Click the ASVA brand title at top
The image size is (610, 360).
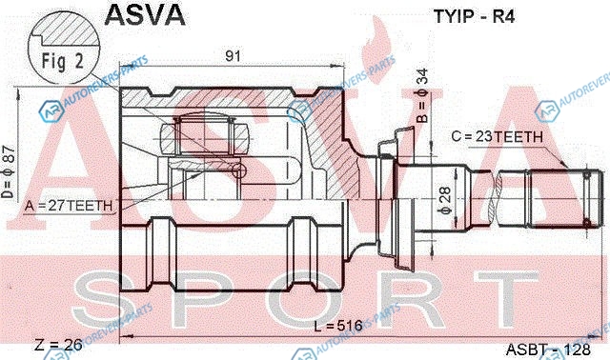145,15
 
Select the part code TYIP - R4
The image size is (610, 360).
475,17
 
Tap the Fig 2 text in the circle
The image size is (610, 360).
63,62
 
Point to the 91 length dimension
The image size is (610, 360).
233,56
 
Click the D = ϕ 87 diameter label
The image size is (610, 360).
9,171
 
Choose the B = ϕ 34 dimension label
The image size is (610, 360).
422,95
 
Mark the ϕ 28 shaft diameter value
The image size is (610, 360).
445,200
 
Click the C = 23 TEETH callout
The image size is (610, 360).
497,136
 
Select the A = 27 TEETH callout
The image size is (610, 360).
69,206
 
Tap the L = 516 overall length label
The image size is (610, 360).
338,326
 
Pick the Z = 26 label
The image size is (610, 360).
58,345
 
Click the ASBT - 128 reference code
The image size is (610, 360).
548,350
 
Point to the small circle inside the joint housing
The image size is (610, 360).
238,170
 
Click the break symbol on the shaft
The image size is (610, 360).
498,198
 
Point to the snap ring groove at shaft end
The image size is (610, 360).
587,199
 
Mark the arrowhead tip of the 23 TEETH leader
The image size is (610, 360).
568,168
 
